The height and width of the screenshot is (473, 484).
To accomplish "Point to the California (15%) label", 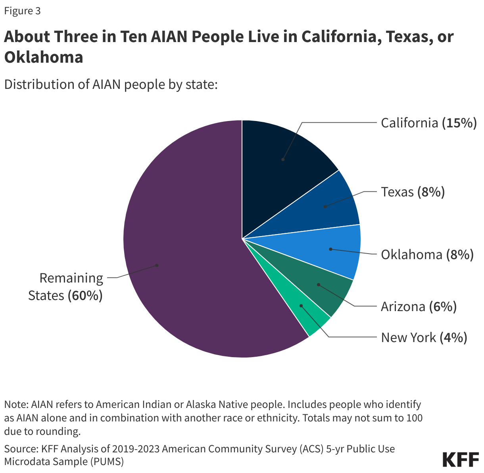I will [428, 123].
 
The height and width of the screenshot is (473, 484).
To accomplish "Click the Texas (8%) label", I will [413, 192].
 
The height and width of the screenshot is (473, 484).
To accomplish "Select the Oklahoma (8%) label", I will [427, 254].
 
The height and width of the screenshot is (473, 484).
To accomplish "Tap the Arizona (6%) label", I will [419, 307].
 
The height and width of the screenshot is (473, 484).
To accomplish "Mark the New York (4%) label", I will [424, 338].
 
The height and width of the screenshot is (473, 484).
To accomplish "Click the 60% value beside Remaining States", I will [85, 296].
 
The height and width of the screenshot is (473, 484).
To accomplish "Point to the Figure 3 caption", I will [22, 11].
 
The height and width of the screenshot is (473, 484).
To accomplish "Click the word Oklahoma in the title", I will [44, 57].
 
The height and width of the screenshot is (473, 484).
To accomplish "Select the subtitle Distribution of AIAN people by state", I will [111, 85].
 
